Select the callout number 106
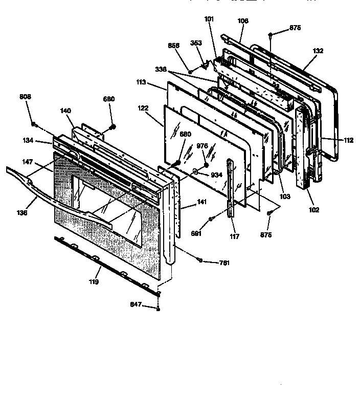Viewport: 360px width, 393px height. (243, 21)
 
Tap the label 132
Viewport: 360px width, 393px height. (318, 51)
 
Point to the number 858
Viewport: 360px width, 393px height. (173, 45)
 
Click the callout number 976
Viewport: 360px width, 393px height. (202, 146)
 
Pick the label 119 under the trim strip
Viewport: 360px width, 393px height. (93, 281)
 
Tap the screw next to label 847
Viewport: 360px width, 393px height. (159, 309)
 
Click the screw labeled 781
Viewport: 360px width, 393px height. (201, 260)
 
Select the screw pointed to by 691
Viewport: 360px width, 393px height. (211, 220)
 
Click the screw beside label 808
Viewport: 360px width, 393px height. (33, 124)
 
